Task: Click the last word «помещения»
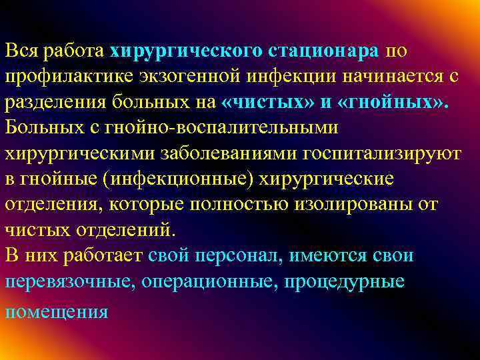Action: pyautogui.click(x=56, y=311)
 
